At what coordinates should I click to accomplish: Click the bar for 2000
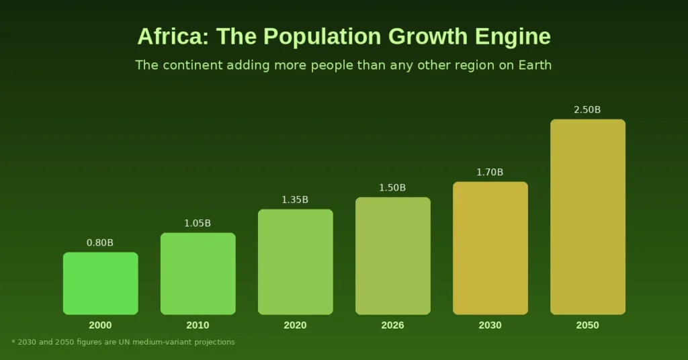coord(100,283)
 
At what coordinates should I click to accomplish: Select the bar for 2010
coord(198,273)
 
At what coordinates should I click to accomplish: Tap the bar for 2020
coord(295,262)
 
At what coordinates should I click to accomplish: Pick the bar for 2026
coord(392,256)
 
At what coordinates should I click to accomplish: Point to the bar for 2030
coord(490,248)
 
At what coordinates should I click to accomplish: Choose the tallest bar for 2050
coord(587,217)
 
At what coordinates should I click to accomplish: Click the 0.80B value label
coord(100,243)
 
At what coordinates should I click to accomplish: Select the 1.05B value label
coord(198,224)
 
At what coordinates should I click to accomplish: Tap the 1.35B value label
coord(295,200)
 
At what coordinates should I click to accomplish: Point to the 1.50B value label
coord(392,188)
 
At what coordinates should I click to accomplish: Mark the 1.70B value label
coord(490,173)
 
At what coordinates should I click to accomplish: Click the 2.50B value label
coord(587,110)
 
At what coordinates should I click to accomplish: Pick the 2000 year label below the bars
coord(100,326)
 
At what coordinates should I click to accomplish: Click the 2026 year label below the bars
coord(392,326)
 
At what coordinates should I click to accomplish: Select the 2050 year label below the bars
coord(587,326)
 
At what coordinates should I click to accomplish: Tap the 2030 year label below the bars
coord(490,326)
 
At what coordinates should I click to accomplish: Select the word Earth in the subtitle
coord(533,65)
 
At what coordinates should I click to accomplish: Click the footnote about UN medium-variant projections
coord(124,343)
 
